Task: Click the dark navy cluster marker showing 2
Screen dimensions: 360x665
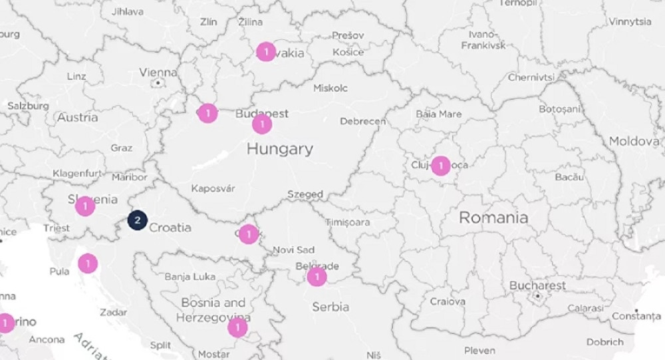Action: click(x=137, y=220)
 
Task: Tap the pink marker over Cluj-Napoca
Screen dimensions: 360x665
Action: click(x=440, y=166)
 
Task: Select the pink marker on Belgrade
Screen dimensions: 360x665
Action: click(x=317, y=276)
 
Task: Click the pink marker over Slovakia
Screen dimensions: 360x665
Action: click(x=266, y=51)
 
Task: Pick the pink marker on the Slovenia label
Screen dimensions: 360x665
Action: click(x=85, y=206)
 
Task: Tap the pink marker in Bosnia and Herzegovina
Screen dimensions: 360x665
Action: click(x=237, y=327)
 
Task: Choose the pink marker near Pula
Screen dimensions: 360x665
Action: click(x=88, y=264)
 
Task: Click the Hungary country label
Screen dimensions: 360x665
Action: click(x=279, y=149)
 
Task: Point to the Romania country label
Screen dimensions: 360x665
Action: click(x=493, y=218)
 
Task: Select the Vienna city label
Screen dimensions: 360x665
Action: click(x=158, y=73)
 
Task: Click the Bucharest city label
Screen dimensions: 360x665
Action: click(x=537, y=285)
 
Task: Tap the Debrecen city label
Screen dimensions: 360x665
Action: click(x=362, y=121)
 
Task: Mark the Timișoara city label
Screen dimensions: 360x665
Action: click(x=348, y=222)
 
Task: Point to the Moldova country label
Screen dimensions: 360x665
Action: click(x=634, y=141)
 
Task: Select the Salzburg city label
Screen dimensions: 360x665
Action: click(x=28, y=106)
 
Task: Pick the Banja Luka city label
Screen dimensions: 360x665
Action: click(x=190, y=276)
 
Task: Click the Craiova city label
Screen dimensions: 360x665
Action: click(x=448, y=301)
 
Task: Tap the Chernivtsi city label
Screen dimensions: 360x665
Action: click(x=531, y=77)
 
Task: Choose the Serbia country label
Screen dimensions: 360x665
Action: click(x=331, y=307)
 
